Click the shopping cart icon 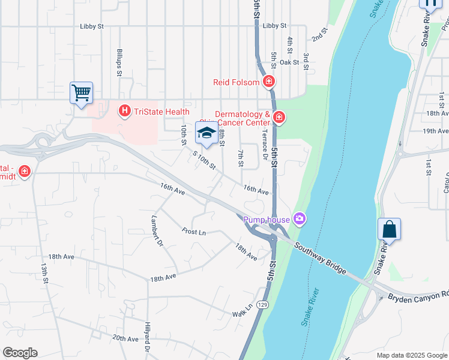pyautogui.click(x=81, y=93)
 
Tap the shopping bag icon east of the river pyautogui.click(x=389, y=229)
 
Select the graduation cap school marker pyautogui.click(x=206, y=133)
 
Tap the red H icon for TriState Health pyautogui.click(x=124, y=111)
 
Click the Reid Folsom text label pyautogui.click(x=236, y=82)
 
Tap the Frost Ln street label pyautogui.click(x=193, y=232)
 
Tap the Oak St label pyautogui.click(x=289, y=62)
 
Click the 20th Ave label pyautogui.click(x=125, y=339)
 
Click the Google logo pyautogui.click(x=20, y=353)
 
